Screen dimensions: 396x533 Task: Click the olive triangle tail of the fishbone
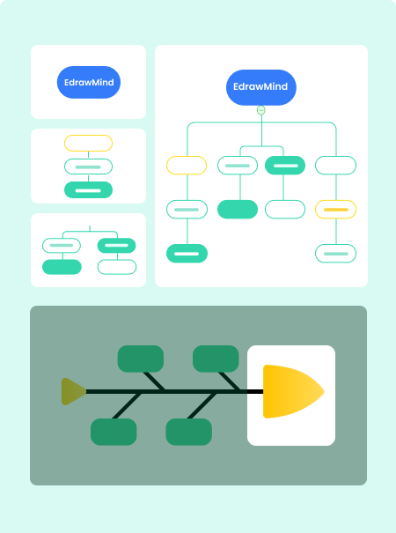(x=72, y=391)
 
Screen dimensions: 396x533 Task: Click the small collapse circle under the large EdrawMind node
(x=260, y=110)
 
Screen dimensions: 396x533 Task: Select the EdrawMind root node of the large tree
(x=261, y=87)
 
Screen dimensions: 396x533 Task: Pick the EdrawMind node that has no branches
(x=89, y=82)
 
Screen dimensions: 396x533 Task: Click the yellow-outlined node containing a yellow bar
(x=335, y=210)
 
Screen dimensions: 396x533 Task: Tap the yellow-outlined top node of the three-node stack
(x=88, y=143)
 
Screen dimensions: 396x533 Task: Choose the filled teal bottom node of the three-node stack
(x=88, y=190)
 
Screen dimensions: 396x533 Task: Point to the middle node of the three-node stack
(x=88, y=167)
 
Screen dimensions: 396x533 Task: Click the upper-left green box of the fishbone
(x=141, y=359)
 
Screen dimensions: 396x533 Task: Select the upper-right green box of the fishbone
(x=216, y=359)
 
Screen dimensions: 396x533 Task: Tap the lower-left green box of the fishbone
(x=114, y=432)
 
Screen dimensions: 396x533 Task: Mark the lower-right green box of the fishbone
(x=189, y=432)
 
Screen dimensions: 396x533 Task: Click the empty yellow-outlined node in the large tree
(x=187, y=166)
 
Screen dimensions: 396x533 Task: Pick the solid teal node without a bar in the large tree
(x=238, y=210)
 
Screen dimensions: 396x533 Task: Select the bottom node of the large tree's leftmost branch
(x=187, y=254)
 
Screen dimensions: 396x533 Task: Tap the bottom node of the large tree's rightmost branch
(x=335, y=254)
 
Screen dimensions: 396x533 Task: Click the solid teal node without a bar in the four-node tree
(x=62, y=267)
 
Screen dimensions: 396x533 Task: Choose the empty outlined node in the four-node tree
(x=117, y=267)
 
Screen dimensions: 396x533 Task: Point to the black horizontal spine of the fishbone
(x=174, y=391)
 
